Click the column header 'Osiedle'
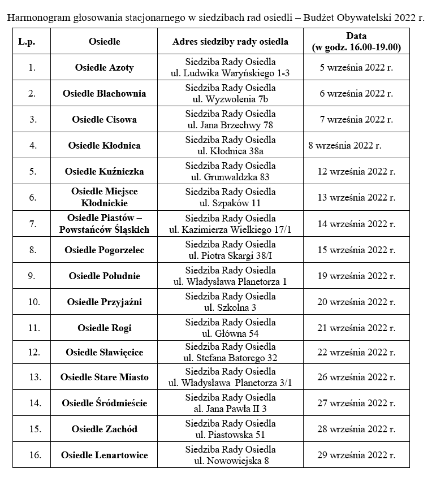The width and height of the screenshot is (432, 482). [x=105, y=42]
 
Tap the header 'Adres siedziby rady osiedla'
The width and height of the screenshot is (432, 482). [x=230, y=42]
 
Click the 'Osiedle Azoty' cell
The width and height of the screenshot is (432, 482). [x=105, y=67]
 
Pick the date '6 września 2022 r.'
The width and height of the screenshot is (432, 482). [x=356, y=93]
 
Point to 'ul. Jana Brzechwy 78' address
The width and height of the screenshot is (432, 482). [x=230, y=125]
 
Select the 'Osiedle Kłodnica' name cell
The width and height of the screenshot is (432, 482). [x=105, y=145]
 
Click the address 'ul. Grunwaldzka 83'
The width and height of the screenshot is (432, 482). [x=230, y=177]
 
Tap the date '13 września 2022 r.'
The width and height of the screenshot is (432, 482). [x=356, y=197]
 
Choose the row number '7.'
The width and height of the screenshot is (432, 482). [x=32, y=224]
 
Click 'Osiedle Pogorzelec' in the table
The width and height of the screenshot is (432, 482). [x=105, y=250]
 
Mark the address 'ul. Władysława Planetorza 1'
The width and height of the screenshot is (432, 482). [x=230, y=281]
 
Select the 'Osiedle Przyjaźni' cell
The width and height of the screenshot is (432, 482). [x=105, y=302]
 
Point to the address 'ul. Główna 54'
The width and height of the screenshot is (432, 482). [x=230, y=333]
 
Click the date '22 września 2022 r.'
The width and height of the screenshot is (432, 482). [x=356, y=352]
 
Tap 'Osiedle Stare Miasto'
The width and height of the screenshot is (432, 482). [x=105, y=377]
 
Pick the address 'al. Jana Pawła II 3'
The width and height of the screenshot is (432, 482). [x=230, y=409]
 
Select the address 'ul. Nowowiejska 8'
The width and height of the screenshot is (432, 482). [x=230, y=461]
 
